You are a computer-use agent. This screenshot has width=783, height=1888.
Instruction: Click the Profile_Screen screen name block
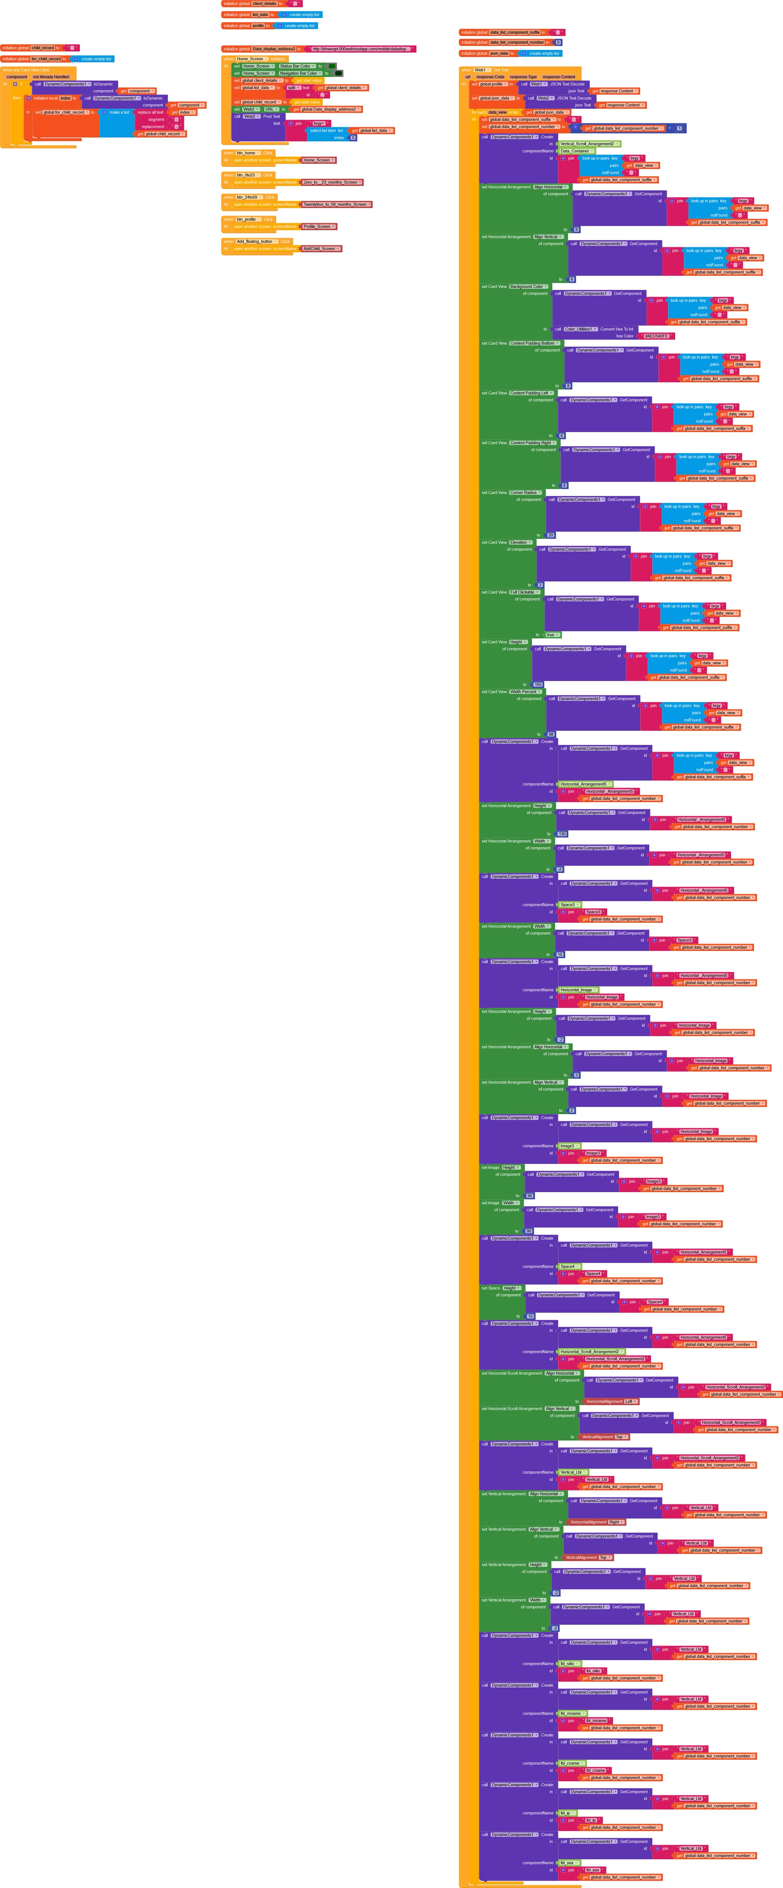pyautogui.click(x=319, y=227)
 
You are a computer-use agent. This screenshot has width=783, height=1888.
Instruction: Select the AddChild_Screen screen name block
pyautogui.click(x=320, y=249)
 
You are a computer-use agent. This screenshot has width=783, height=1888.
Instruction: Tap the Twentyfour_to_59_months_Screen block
pyautogui.click(x=336, y=204)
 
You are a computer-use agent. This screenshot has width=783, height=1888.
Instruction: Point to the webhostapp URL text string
pyautogui.click(x=359, y=49)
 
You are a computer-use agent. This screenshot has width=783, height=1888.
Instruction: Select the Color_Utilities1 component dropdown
pyautogui.click(x=580, y=329)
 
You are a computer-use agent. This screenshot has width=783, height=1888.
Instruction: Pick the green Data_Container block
pyautogui.click(x=576, y=151)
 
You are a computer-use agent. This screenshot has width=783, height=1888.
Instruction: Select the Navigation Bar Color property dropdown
pyautogui.click(x=300, y=73)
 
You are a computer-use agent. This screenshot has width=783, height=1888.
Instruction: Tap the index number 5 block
pyautogui.click(x=353, y=138)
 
